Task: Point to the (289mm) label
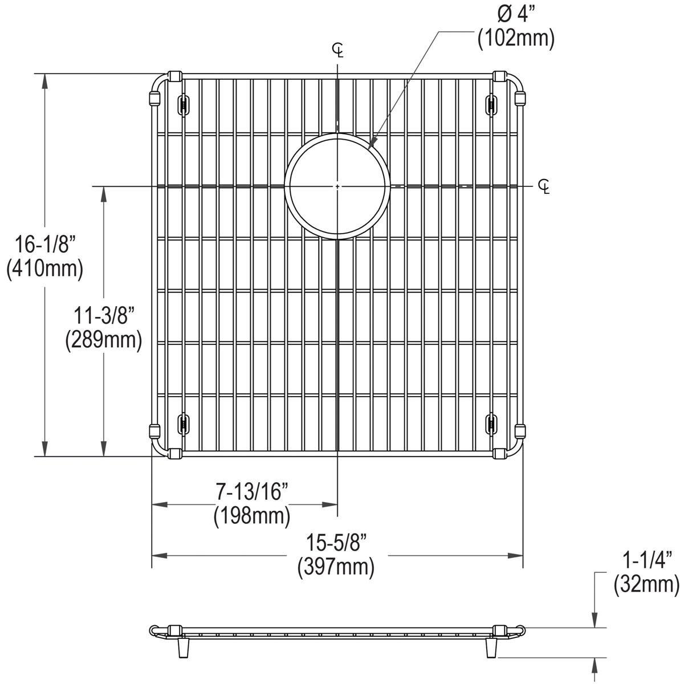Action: pyautogui.click(x=103, y=340)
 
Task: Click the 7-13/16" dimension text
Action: pyautogui.click(x=251, y=491)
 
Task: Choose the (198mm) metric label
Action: pyautogui.click(x=251, y=516)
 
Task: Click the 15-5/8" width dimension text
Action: pyautogui.click(x=336, y=543)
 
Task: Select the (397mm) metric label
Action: pyautogui.click(x=336, y=567)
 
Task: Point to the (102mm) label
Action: pyautogui.click(x=516, y=39)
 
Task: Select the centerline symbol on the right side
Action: pyautogui.click(x=544, y=186)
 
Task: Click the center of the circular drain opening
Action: pyautogui.click(x=338, y=186)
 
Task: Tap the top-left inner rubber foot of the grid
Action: pyautogui.click(x=184, y=104)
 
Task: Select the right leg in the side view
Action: pyautogui.click(x=491, y=646)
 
